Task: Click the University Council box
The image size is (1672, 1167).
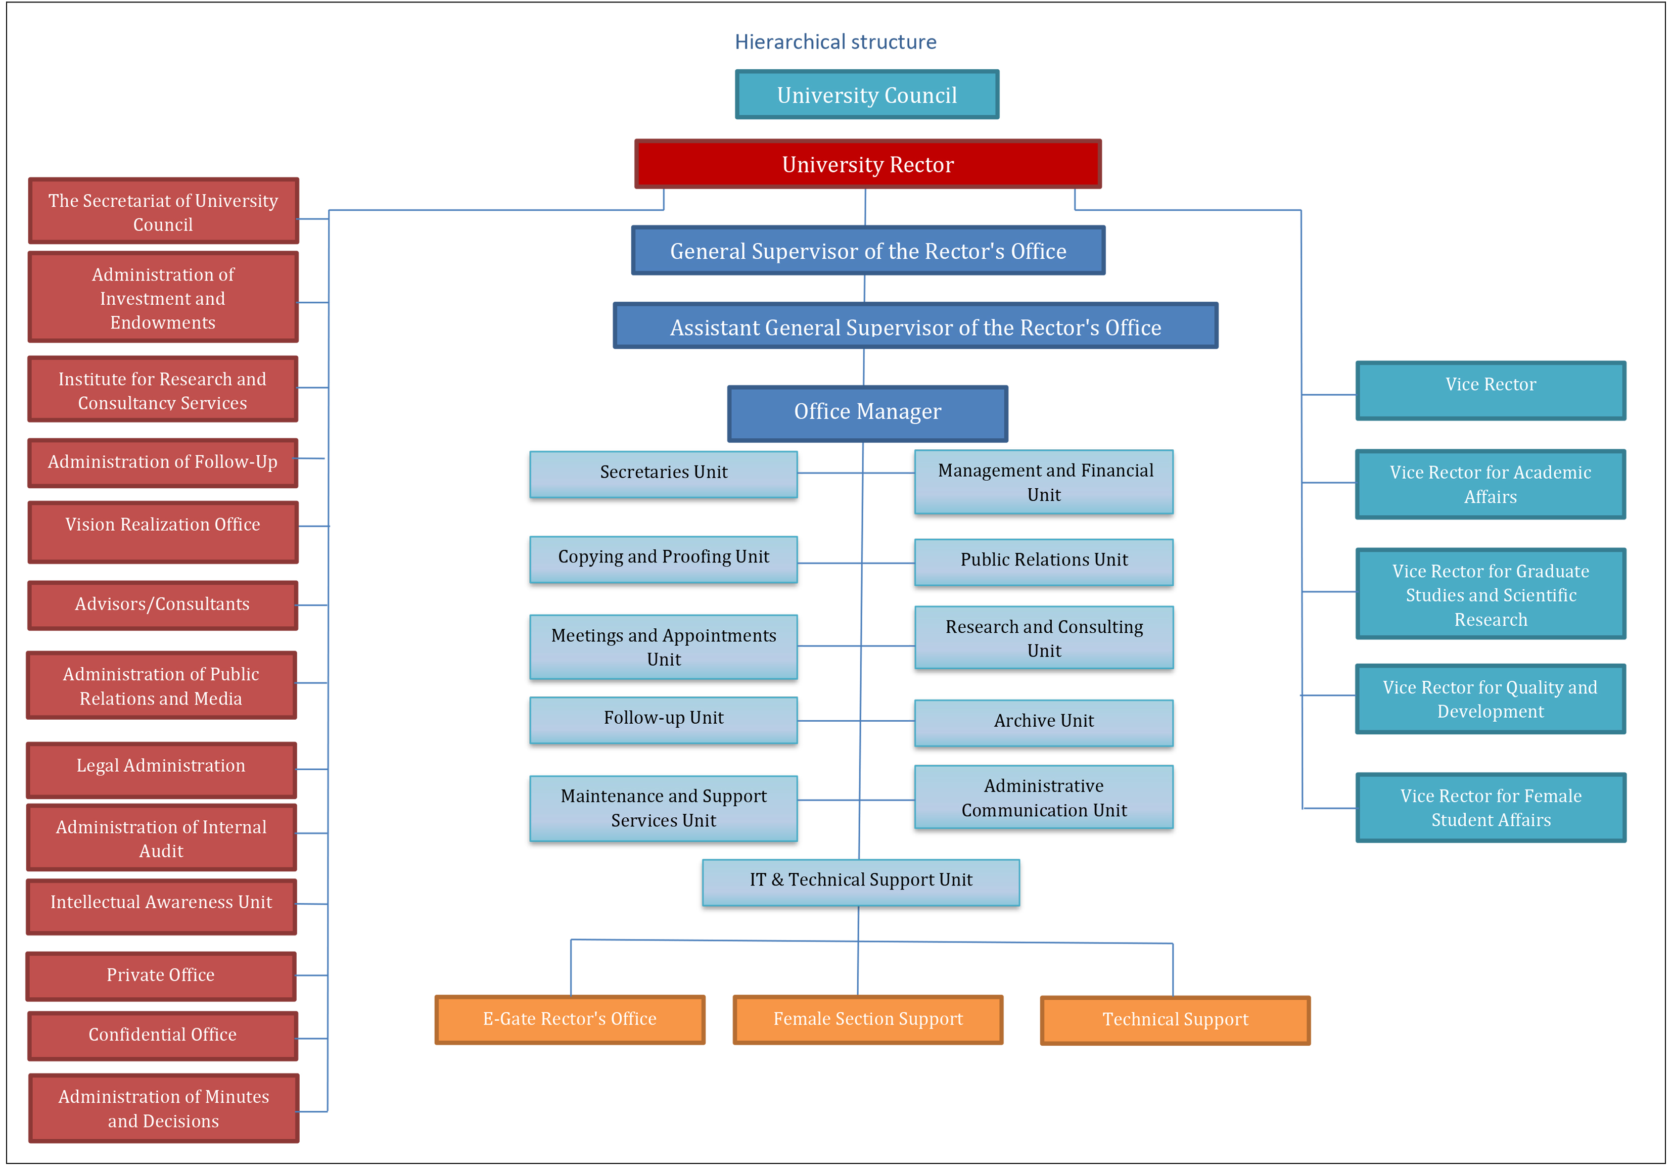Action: (867, 95)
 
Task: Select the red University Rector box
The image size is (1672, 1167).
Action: (867, 165)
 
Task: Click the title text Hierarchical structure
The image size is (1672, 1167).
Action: (835, 42)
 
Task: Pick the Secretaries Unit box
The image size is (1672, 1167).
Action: (664, 473)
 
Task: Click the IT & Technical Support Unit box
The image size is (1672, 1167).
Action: (861, 881)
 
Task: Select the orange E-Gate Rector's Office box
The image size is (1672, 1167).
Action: (570, 1019)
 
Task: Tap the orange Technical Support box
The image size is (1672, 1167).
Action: (1175, 1020)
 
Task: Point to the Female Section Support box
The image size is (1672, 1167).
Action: (867, 1019)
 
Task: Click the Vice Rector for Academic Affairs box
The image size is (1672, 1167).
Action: (1490, 484)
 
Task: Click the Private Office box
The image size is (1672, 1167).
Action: (161, 975)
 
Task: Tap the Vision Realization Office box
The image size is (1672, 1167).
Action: (162, 532)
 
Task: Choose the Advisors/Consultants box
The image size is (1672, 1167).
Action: (162, 604)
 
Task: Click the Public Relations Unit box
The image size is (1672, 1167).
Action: (1044, 561)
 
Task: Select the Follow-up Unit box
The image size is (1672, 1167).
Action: (664, 719)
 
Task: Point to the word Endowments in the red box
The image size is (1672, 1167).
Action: (162, 322)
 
